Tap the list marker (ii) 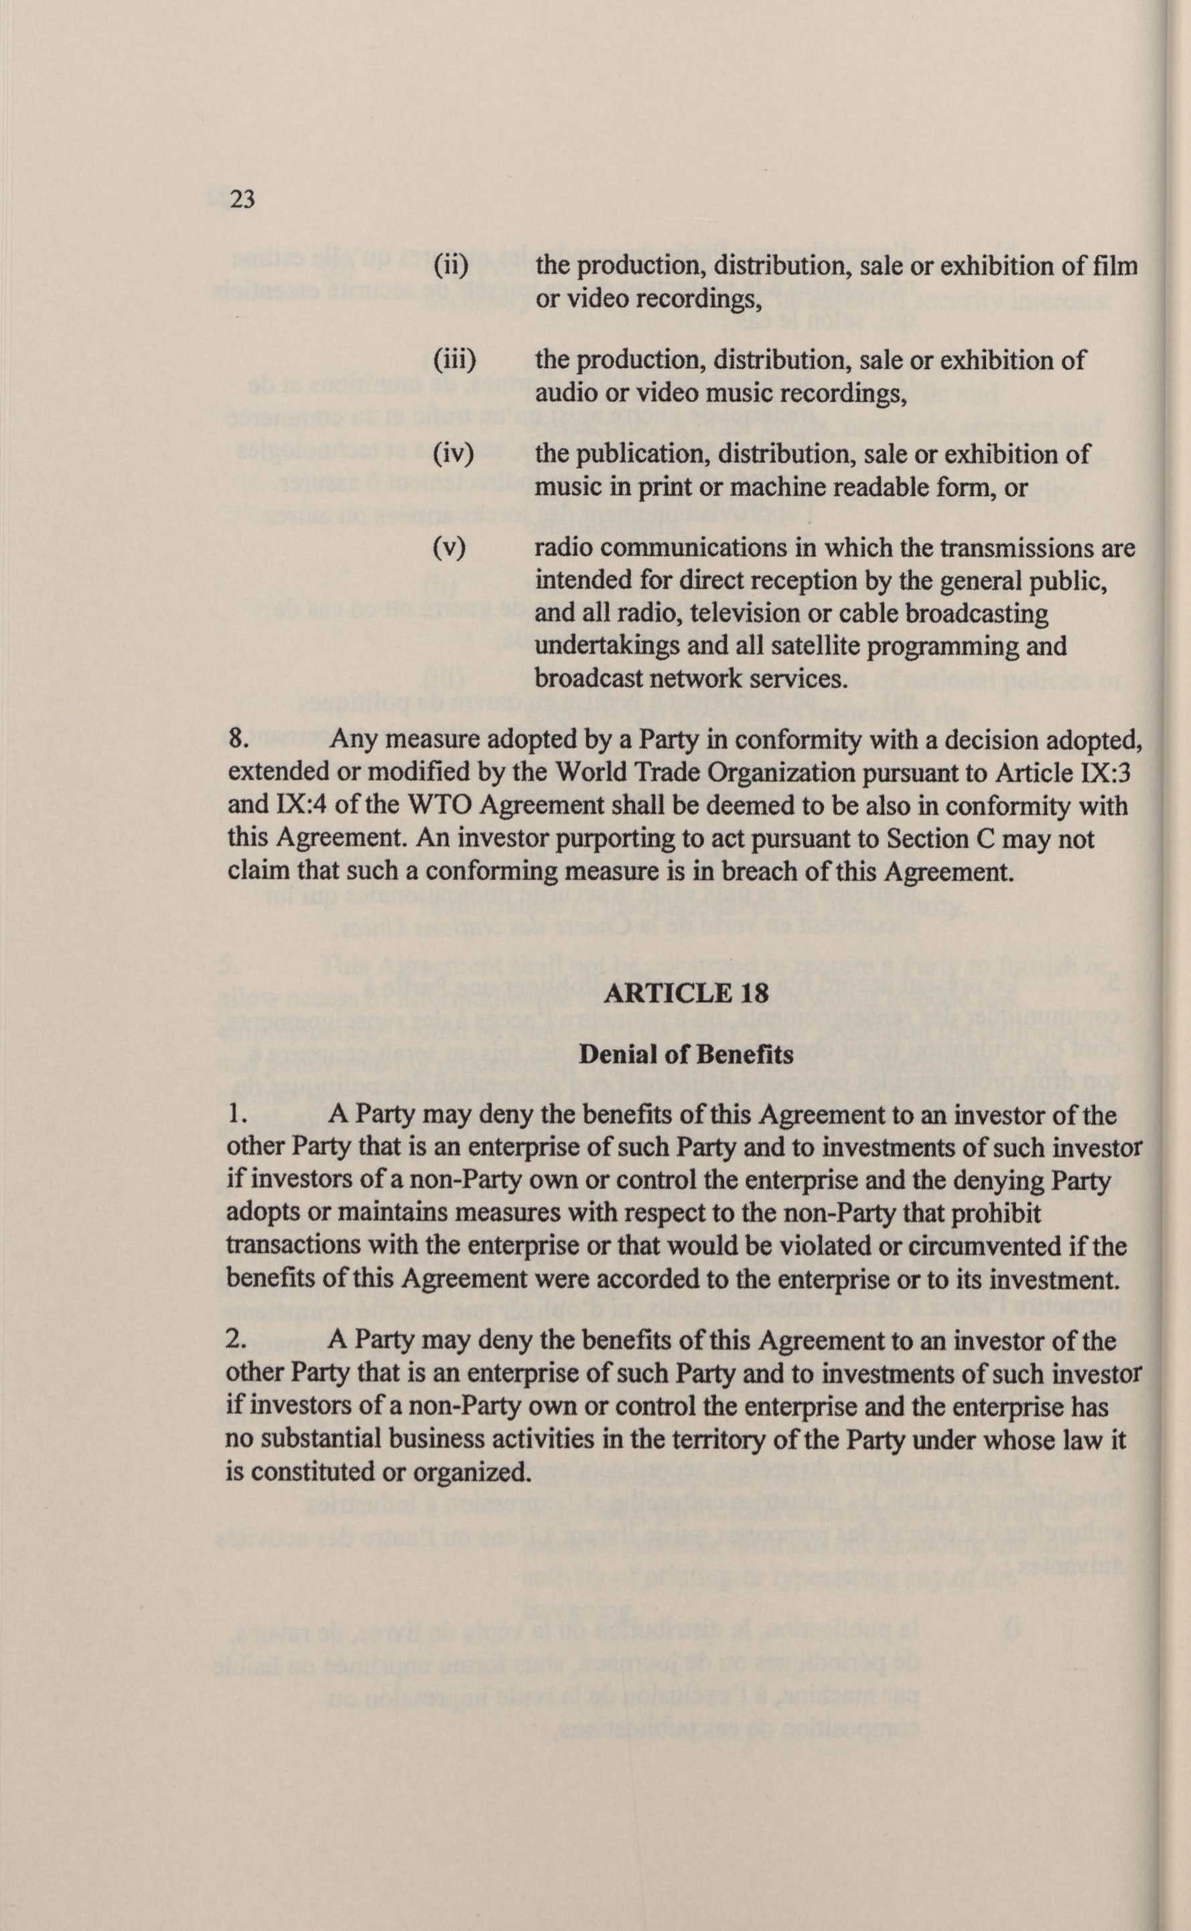coord(451,266)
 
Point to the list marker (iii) coord(455,361)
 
